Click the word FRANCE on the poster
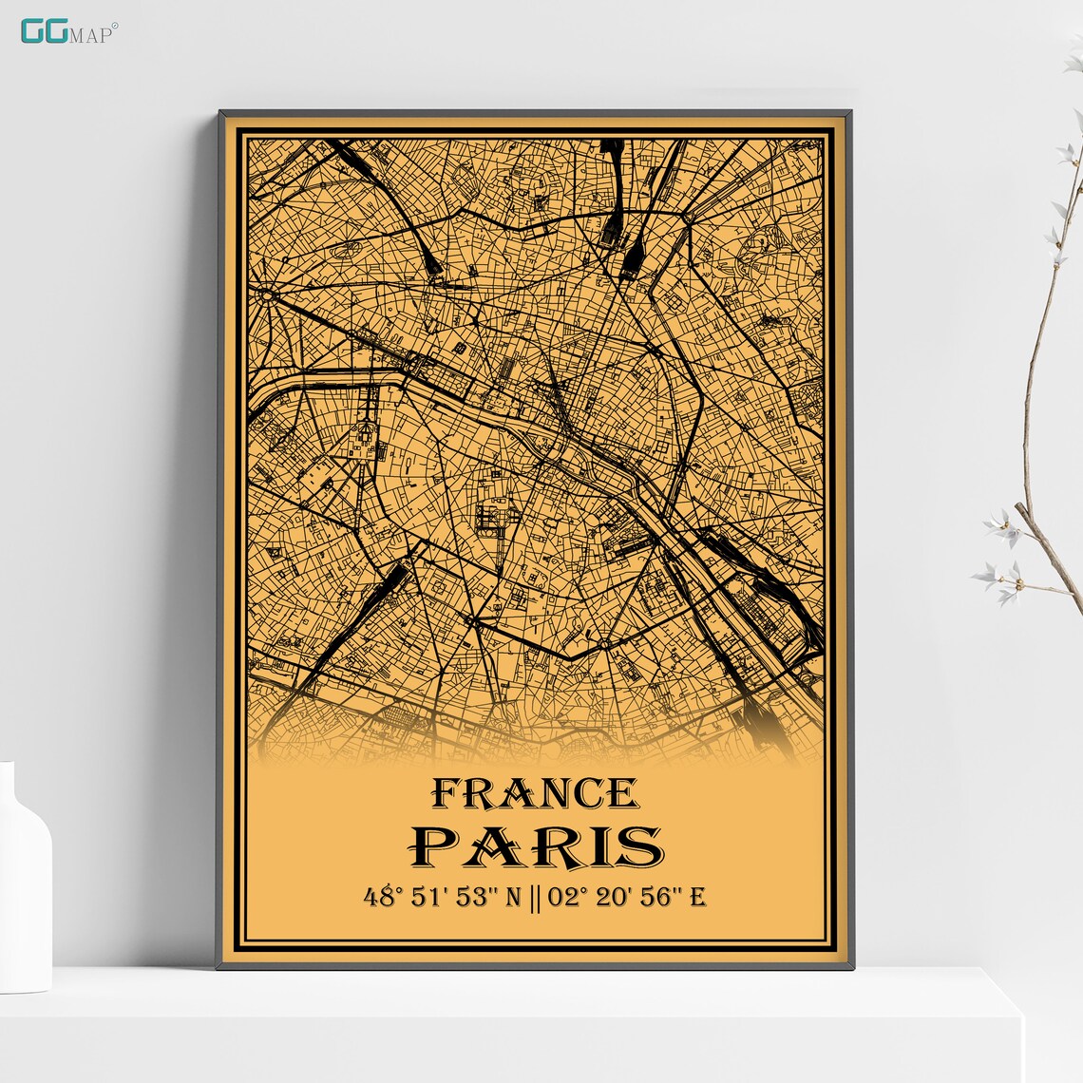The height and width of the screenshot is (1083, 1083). pyautogui.click(x=535, y=793)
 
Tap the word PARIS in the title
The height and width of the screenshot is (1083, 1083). pyautogui.click(x=535, y=845)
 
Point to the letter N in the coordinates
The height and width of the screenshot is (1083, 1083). pyautogui.click(x=512, y=896)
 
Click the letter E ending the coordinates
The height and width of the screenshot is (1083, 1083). pyautogui.click(x=697, y=896)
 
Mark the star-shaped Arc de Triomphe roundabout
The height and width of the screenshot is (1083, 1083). pyautogui.click(x=267, y=294)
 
